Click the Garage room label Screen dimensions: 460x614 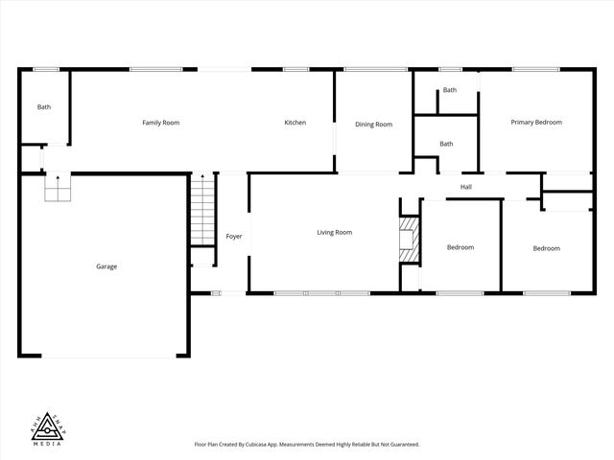click(106, 266)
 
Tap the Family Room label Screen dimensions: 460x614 click(160, 123)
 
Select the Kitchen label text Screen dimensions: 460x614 click(295, 123)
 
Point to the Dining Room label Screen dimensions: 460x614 click(373, 125)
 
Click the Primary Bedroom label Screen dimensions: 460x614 click(535, 123)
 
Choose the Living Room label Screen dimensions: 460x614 click(335, 233)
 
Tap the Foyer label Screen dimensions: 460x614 click(234, 237)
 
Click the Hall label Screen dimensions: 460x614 click(465, 187)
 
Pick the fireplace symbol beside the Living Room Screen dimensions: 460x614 click(410, 239)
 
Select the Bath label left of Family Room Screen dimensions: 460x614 click(44, 107)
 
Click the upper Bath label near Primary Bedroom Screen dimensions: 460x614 click(449, 90)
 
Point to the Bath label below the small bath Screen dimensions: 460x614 click(446, 145)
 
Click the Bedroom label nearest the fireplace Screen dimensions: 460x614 click(460, 248)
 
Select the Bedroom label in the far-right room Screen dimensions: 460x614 click(546, 249)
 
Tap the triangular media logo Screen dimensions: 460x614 click(47, 422)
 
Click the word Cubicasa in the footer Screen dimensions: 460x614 click(278, 445)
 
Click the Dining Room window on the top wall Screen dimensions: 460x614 click(376, 69)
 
